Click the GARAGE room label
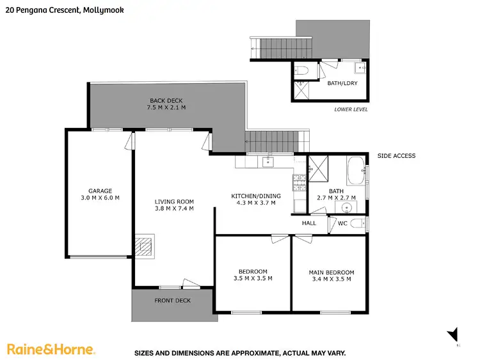pos(100,191)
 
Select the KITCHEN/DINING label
pos(253,196)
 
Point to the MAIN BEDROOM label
pos(331,272)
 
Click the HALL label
pos(309,223)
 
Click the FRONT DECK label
pos(172,301)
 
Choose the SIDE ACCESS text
pos(396,156)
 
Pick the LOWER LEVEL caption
pos(351,109)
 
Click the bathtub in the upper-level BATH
pos(354,173)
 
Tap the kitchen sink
pos(269,162)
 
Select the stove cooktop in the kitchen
pos(299,184)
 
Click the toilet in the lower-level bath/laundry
pos(303,70)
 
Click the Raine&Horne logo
pos(51,349)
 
